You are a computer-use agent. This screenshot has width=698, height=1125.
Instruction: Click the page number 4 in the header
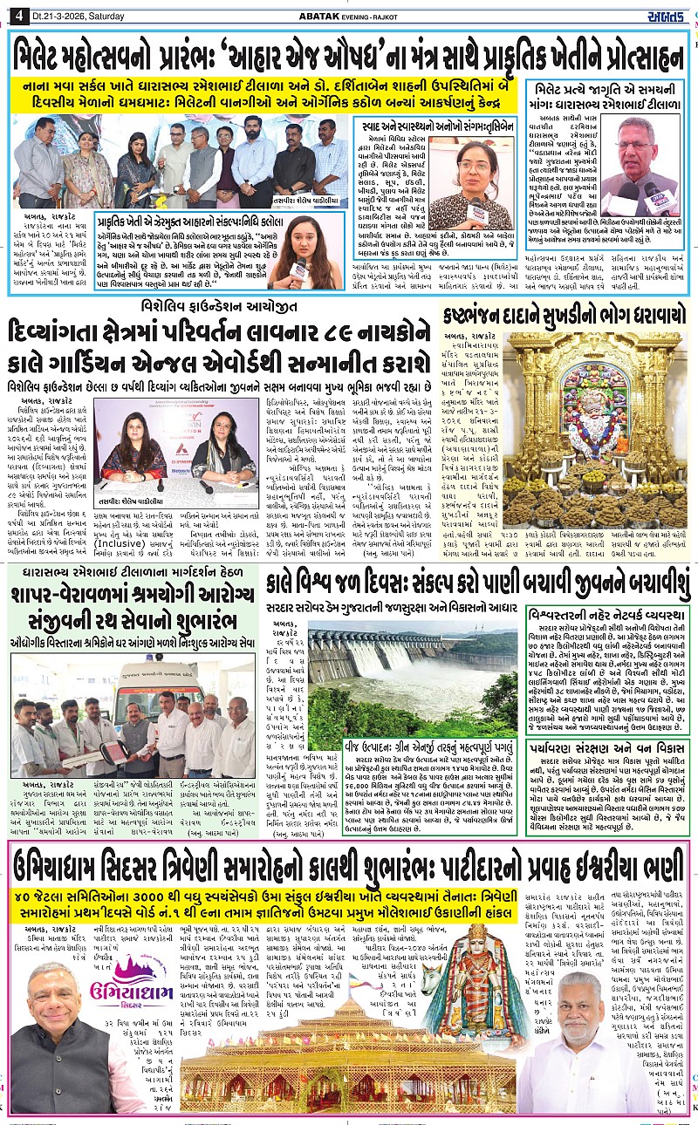tap(16, 11)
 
